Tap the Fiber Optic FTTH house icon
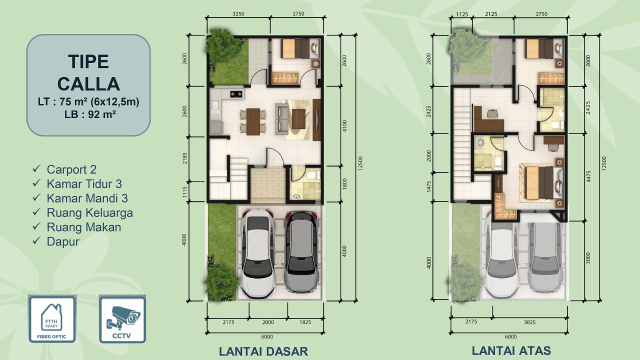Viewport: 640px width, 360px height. point(51,319)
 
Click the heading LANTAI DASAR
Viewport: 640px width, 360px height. point(263,351)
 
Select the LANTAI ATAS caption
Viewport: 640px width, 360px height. point(511,350)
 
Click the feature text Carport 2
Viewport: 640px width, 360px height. point(71,169)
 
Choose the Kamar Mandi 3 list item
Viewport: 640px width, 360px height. point(87,198)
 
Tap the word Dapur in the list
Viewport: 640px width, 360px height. point(63,241)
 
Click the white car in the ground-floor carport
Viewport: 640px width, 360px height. point(257,253)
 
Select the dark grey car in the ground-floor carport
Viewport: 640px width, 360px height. point(301,252)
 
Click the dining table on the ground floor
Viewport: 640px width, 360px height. point(253,121)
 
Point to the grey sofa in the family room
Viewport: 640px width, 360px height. point(281,119)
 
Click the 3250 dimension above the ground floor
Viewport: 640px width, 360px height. point(238,14)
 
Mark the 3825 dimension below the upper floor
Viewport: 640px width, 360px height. point(529,322)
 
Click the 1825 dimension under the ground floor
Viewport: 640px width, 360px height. point(305,322)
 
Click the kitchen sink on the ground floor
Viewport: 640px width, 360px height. point(215,105)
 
